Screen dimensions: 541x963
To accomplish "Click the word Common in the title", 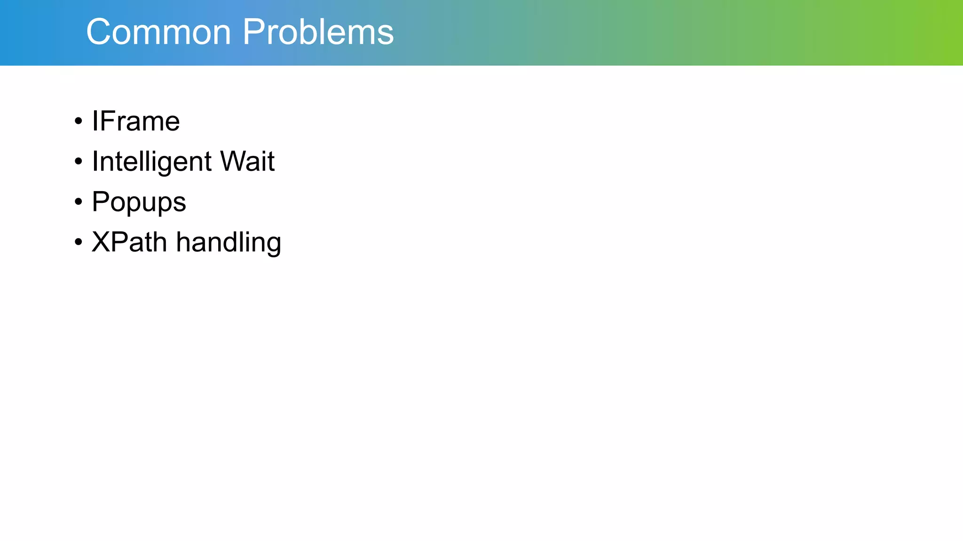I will click(158, 32).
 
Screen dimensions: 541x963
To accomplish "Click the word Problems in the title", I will click(318, 32).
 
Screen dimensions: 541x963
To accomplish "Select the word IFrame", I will click(135, 121).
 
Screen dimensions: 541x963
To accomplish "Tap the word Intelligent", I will click(152, 162).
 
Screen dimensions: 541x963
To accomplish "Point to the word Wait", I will click(247, 162).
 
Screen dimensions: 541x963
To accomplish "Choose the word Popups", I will click(139, 202).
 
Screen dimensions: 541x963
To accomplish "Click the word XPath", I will click(129, 242).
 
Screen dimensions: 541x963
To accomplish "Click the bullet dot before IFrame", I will click(79, 122).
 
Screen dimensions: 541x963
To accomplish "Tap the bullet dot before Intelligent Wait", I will click(79, 162).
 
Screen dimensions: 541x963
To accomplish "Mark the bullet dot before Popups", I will click(79, 202).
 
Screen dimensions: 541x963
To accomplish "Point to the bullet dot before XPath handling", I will click(79, 243).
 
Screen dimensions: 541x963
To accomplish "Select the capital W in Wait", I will click(234, 162).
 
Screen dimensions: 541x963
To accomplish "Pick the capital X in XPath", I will click(101, 242).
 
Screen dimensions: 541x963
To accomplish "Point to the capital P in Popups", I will click(101, 202).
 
